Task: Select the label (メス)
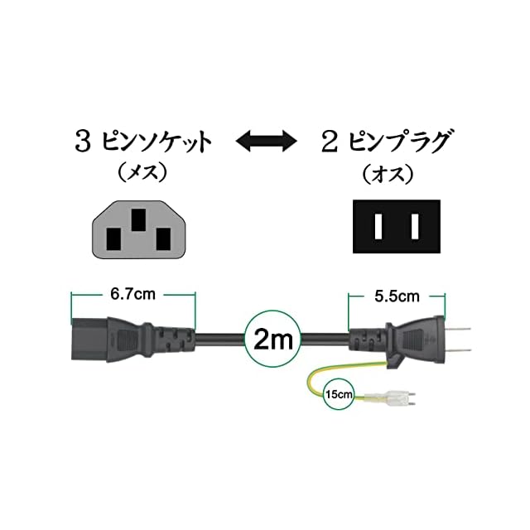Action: pyautogui.click(x=142, y=174)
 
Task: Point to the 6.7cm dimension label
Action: pyautogui.click(x=133, y=294)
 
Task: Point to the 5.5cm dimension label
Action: pyautogui.click(x=397, y=294)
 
